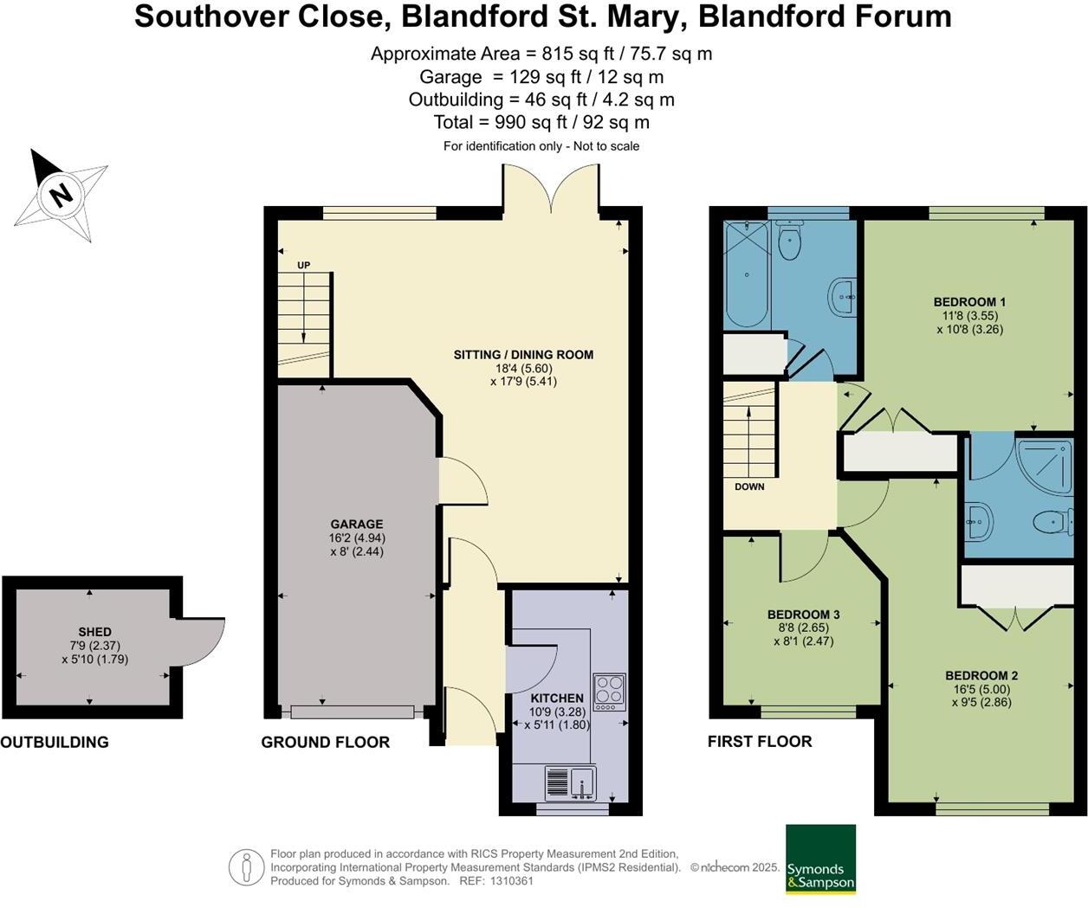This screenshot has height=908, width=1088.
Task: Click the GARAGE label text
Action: (356, 524)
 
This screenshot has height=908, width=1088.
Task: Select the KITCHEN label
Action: (557, 698)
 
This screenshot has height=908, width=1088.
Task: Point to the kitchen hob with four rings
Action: (609, 692)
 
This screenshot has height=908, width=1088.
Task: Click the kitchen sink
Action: (570, 783)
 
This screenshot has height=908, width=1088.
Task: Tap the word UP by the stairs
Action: (303, 265)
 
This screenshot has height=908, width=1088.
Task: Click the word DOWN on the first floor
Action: (749, 486)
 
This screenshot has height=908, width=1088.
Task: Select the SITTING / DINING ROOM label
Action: (523, 354)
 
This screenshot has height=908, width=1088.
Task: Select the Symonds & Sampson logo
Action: (820, 859)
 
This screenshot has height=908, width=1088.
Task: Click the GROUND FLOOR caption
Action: (325, 742)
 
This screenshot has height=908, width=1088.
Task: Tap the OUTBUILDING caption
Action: (55, 742)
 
